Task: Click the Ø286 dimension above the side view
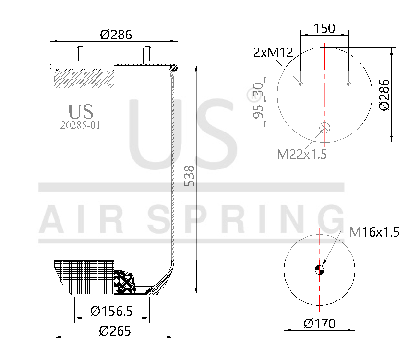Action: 116,35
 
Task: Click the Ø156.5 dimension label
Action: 111,312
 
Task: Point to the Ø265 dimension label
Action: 115,331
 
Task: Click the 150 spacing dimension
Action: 324,28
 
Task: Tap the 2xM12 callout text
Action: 273,53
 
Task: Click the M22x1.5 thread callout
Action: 302,154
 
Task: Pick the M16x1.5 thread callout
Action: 374,233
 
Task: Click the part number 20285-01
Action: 81,125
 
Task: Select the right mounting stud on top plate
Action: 147,55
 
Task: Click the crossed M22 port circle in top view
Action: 325,128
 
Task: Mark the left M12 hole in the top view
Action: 301,84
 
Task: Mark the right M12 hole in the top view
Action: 348,84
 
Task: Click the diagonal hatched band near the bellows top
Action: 84,78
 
